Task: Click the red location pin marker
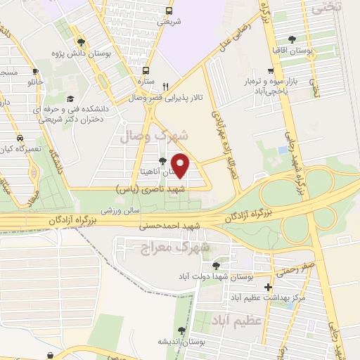click(181, 165)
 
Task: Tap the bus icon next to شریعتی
click(168, 11)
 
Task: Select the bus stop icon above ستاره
click(146, 70)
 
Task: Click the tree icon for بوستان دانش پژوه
click(82, 41)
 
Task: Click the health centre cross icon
click(268, 287)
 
